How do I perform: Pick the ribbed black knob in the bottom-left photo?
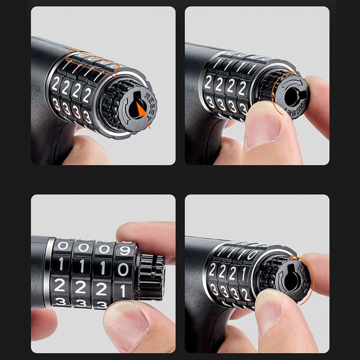click(151, 276)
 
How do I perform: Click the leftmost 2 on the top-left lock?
click(55, 85)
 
